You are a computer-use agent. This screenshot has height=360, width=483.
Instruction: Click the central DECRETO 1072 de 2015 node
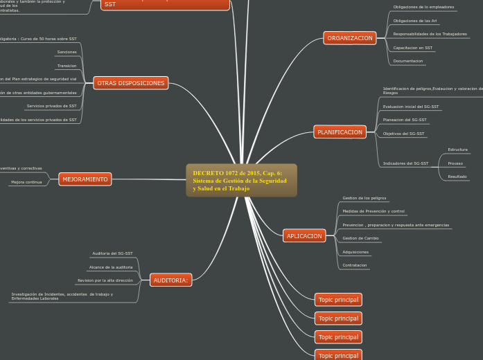[x=241, y=180]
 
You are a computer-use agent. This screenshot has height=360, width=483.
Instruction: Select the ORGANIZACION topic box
[x=349, y=38]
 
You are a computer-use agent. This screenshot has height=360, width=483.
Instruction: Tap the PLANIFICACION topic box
[x=340, y=132]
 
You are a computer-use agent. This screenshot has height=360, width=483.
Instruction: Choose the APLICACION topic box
[x=304, y=236]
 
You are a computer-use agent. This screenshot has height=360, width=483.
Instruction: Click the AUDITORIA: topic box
[x=170, y=280]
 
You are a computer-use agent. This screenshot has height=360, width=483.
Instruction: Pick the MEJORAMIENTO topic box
[x=85, y=179]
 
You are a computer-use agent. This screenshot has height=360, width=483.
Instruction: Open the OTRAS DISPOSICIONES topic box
[x=131, y=83]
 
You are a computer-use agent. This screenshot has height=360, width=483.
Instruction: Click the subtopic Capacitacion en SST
[x=413, y=48]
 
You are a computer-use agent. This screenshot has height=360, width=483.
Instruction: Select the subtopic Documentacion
[x=408, y=61]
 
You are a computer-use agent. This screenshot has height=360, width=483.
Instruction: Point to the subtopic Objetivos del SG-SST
[x=404, y=133]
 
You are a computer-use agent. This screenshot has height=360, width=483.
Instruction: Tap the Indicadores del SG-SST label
[x=405, y=163]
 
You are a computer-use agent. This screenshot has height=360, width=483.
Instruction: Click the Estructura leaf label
[x=457, y=150]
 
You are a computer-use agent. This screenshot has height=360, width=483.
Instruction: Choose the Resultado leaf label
[x=457, y=177]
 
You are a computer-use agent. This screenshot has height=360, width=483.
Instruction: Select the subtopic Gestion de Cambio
[x=360, y=238]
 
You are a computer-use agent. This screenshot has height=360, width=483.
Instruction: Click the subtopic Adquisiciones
[x=355, y=252]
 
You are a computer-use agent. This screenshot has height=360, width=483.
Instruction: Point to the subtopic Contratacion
[x=355, y=265]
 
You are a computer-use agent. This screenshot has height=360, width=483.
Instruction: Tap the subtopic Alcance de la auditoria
[x=111, y=267]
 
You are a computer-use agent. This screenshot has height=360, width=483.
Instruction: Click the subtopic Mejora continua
[x=26, y=182]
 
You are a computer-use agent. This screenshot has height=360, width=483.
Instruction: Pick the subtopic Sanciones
[x=67, y=52]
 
